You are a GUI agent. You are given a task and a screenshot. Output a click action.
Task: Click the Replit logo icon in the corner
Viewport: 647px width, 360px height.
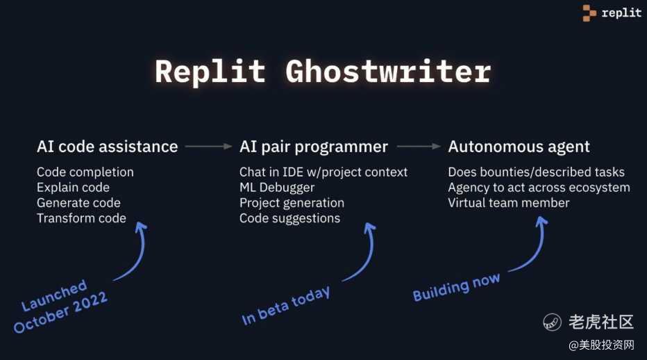589,13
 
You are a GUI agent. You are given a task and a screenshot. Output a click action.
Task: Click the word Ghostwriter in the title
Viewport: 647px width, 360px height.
388,71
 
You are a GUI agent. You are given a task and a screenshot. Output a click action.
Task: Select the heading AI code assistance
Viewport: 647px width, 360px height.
107,147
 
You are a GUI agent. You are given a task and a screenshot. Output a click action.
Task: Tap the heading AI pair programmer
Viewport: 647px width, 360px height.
313,147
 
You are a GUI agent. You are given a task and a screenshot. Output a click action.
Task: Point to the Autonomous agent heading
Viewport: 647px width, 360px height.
519,147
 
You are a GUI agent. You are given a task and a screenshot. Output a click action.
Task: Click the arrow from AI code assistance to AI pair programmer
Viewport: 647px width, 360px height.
208,147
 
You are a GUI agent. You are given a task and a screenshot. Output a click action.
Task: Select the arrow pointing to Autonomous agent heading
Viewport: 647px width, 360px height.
419,147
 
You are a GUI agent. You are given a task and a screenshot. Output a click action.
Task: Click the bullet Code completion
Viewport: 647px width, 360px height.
85,172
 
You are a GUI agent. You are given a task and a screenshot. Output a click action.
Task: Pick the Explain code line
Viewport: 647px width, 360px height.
73,187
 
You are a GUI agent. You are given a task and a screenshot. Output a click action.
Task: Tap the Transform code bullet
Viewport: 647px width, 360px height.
81,218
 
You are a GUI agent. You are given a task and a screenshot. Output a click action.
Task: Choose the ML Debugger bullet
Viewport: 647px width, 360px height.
277,187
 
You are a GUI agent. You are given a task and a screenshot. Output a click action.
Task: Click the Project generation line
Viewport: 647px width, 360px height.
292,203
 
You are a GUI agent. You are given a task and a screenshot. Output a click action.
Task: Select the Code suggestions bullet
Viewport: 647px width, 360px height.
289,218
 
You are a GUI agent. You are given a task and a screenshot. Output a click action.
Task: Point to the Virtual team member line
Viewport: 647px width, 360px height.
508,203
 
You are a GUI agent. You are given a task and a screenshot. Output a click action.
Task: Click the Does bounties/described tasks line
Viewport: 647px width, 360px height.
536,172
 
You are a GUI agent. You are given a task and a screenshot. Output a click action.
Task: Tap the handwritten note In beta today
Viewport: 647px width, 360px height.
285,306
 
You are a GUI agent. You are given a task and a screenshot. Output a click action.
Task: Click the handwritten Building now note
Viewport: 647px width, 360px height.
456,287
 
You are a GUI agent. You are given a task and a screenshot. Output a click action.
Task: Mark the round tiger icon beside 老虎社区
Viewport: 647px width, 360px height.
553,322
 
